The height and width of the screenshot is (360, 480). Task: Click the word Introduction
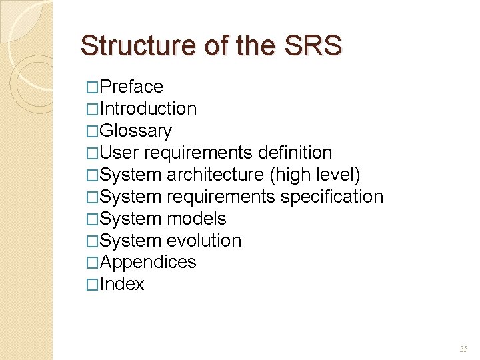[x=148, y=109]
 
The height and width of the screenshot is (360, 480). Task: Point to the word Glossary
[x=135, y=131]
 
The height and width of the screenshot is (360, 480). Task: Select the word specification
[x=331, y=197]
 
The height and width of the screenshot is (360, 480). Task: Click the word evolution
[x=203, y=241]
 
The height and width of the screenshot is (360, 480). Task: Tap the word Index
[x=122, y=284]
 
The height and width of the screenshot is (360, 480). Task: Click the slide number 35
[x=463, y=349]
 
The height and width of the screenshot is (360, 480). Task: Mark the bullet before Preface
[x=93, y=87]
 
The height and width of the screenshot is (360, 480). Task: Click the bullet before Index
[x=93, y=285]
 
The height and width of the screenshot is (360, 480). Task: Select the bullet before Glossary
[x=93, y=131]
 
